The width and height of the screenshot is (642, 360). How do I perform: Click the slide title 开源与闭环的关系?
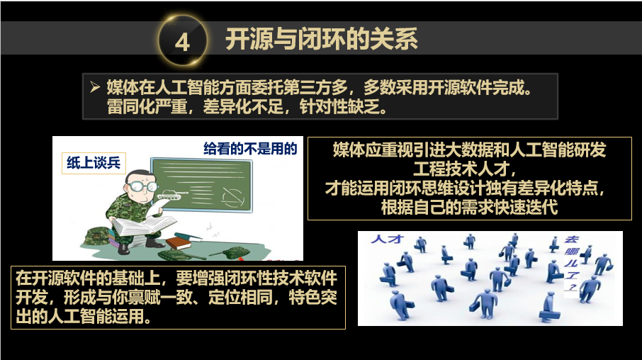[x=322, y=39]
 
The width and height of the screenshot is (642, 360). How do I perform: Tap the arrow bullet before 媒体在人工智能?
[x=95, y=87]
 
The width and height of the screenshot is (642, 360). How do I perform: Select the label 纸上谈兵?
[x=94, y=163]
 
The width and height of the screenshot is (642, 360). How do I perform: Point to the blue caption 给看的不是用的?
[x=249, y=149]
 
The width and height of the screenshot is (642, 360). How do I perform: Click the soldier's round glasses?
[x=143, y=186]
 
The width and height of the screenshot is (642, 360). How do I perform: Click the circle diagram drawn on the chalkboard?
[x=233, y=198]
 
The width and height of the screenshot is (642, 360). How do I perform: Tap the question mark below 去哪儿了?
[x=570, y=287]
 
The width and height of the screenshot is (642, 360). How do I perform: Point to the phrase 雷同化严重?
[x=147, y=107]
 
